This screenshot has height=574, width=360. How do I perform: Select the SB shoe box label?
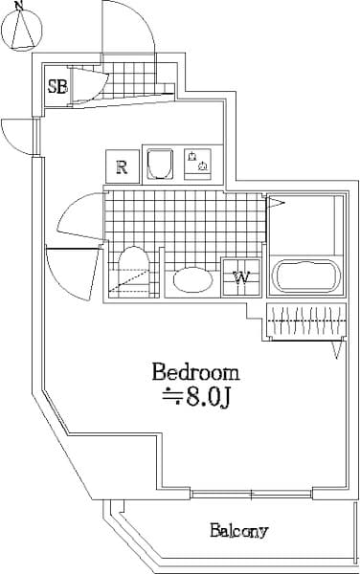[x=56, y=87]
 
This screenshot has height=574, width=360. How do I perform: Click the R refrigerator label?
[x=122, y=166]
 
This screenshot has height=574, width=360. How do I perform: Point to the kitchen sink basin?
[x=159, y=165]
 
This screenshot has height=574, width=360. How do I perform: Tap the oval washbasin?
[x=193, y=282]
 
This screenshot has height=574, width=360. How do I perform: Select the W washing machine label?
[x=242, y=278]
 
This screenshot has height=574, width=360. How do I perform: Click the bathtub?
[x=305, y=278]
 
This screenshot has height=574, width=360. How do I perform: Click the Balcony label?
[x=238, y=531]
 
